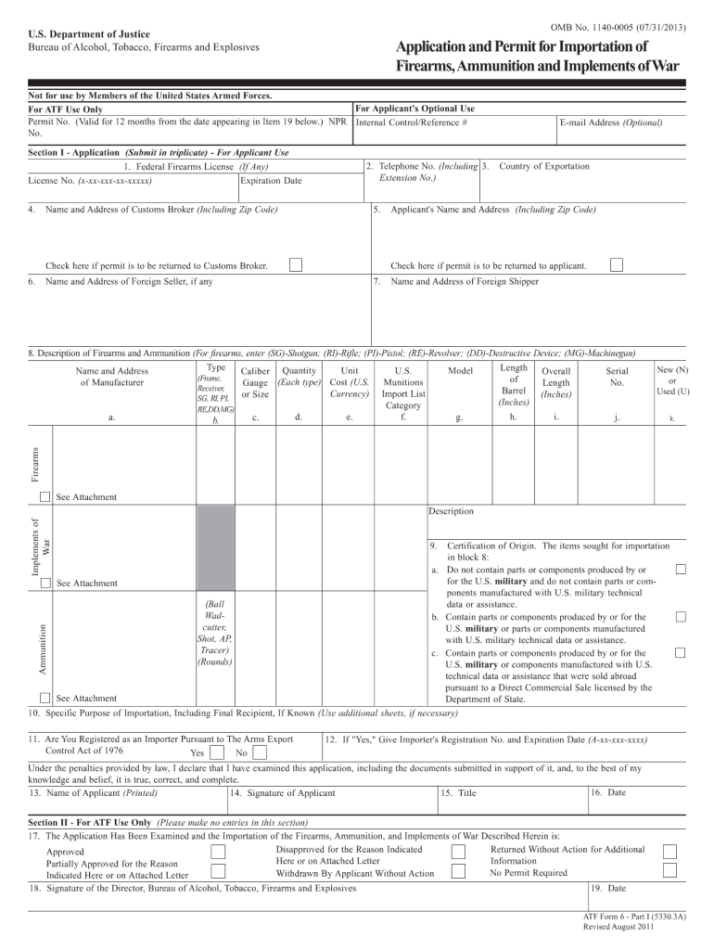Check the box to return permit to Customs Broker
(x=295, y=265)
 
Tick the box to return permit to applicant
(x=617, y=265)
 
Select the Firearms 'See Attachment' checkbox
(x=45, y=497)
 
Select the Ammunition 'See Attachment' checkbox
(x=45, y=698)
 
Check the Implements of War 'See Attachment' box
(x=45, y=583)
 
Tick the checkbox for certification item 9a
(x=681, y=568)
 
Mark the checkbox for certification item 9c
(x=681, y=653)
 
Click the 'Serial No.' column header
(x=617, y=377)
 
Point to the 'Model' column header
(x=460, y=370)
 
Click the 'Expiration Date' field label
(x=271, y=181)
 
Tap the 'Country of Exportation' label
(x=543, y=166)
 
